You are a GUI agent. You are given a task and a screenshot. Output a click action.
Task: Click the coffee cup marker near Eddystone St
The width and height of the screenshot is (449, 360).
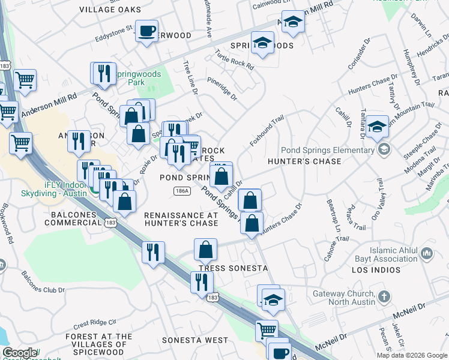pos(146,32)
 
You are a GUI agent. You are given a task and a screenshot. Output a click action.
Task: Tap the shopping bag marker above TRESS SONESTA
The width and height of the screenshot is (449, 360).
pos(205,248)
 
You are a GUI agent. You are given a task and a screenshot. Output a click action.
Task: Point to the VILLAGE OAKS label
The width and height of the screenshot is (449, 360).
pos(110,10)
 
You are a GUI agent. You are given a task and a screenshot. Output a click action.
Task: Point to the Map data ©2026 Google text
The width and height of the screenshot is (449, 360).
pos(411,355)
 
